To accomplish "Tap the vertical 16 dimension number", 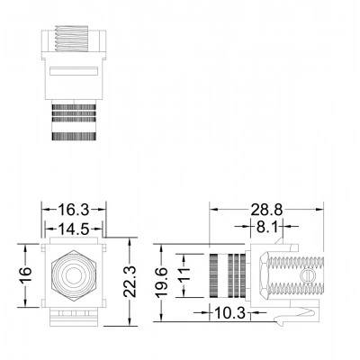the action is pyautogui.click(x=25, y=275).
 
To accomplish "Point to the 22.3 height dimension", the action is pyautogui.click(x=130, y=281).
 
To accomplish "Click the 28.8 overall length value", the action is pyautogui.click(x=266, y=210).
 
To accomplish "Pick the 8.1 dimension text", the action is pyautogui.click(x=267, y=227).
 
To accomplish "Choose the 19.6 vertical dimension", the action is pyautogui.click(x=162, y=283).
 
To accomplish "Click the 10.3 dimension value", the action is pyautogui.click(x=229, y=313).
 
